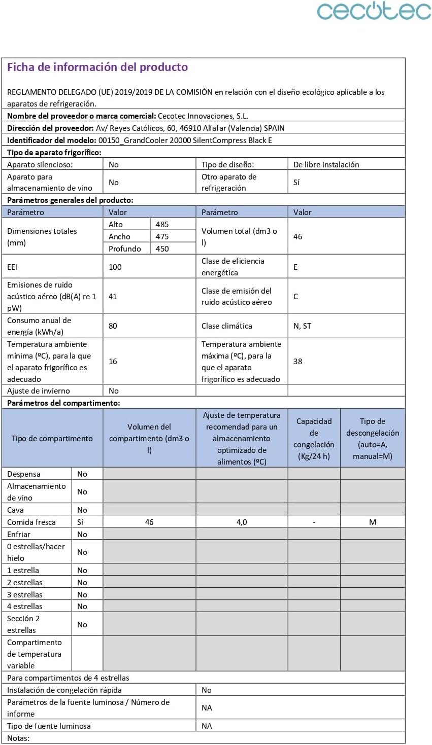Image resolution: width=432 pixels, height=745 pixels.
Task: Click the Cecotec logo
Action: click(x=374, y=11)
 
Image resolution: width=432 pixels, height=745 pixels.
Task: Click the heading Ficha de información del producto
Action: click(x=97, y=67)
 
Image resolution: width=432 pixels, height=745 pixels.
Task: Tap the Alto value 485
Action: click(x=162, y=224)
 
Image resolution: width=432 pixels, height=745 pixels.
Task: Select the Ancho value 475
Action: click(x=162, y=236)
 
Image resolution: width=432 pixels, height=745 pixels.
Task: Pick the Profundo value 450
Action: click(x=162, y=249)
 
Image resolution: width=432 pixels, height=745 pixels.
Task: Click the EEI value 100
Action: click(x=115, y=267)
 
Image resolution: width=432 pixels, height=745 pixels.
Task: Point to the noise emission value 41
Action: click(x=113, y=296)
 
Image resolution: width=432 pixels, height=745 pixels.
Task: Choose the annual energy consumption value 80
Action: click(x=113, y=326)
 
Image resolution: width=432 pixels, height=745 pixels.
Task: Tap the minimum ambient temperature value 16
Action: click(x=113, y=361)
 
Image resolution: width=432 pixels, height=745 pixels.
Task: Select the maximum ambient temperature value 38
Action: click(x=298, y=361)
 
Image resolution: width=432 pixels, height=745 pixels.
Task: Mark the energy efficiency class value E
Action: click(x=295, y=267)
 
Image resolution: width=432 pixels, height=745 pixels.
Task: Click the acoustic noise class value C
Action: click(x=296, y=296)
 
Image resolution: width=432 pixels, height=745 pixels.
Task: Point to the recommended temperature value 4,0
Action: click(x=242, y=522)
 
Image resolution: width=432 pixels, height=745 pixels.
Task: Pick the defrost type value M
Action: click(x=373, y=522)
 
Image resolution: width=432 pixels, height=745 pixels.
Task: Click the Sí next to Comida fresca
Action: click(x=80, y=522)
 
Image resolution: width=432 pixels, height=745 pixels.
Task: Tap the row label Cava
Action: click(x=16, y=510)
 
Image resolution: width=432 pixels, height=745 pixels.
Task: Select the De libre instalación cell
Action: click(x=326, y=164)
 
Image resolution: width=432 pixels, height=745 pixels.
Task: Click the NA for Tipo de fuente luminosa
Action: click(x=207, y=726)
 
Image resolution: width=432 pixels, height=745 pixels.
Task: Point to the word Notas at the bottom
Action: click(x=18, y=738)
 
